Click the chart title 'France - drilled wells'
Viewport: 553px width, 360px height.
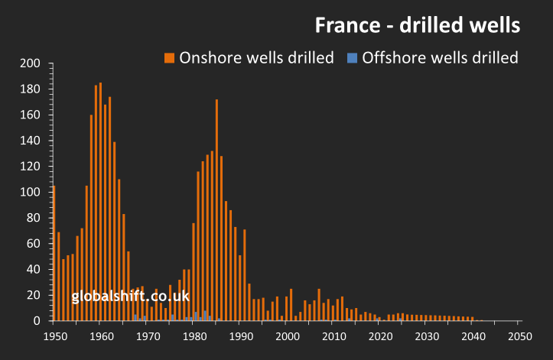418,25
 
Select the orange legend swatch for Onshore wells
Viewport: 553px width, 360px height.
169,57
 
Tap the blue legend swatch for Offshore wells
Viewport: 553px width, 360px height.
352,57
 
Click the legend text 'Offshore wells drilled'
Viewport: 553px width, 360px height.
440,57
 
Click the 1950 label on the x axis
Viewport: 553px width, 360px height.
54,336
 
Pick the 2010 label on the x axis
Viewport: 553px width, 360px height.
333,336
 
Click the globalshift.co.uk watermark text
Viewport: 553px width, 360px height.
130,297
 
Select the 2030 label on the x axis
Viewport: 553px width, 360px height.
427,336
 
